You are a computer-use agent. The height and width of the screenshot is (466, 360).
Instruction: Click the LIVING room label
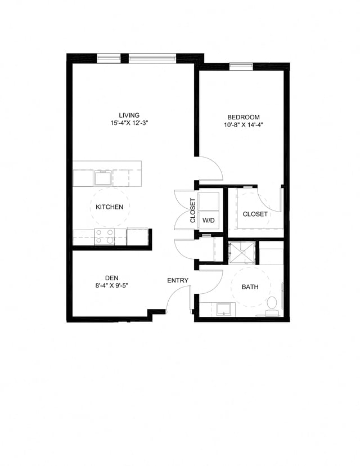pyautogui.click(x=133, y=115)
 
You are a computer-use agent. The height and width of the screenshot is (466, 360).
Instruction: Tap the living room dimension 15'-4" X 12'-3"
pyautogui.click(x=133, y=123)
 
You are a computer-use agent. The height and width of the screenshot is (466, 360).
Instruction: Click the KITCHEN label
pyautogui.click(x=109, y=207)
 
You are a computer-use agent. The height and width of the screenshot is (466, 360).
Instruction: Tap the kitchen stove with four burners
pyautogui.click(x=105, y=236)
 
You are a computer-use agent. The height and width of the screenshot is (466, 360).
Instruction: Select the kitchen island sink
pyautogui.click(x=103, y=178)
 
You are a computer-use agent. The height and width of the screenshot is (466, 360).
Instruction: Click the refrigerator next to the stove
pyautogui.click(x=137, y=236)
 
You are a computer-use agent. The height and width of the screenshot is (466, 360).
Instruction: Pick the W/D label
pyautogui.click(x=208, y=219)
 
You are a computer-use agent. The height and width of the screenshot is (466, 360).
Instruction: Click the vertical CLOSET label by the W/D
pyautogui.click(x=192, y=210)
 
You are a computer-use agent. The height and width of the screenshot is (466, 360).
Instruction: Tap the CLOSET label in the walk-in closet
pyautogui.click(x=255, y=214)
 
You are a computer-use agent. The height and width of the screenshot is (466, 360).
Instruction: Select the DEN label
pyautogui.click(x=111, y=277)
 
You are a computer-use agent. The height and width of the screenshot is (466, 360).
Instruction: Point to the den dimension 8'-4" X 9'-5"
pyautogui.click(x=111, y=285)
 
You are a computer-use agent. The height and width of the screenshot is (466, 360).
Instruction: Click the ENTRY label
pyautogui.click(x=178, y=280)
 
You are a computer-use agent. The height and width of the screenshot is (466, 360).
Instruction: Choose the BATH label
pyautogui.click(x=250, y=287)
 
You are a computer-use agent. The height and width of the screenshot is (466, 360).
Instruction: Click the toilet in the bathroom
pyautogui.click(x=272, y=304)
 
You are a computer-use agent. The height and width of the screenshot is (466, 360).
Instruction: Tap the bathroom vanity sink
pyautogui.click(x=224, y=309)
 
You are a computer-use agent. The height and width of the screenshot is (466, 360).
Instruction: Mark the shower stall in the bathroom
pyautogui.click(x=242, y=252)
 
